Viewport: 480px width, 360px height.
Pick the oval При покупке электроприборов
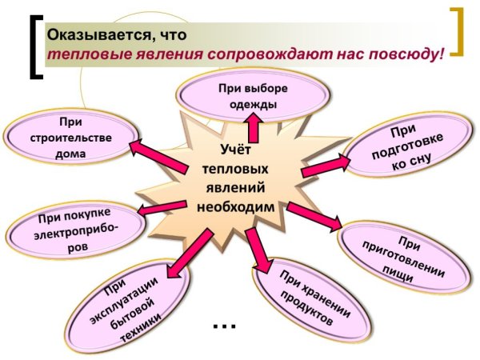77,228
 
